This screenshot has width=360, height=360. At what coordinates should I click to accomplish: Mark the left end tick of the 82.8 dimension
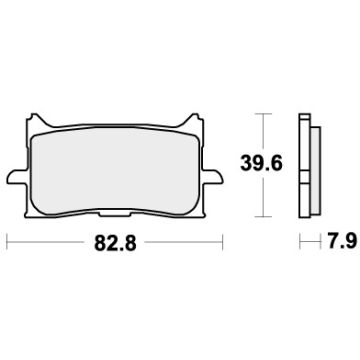[8, 242]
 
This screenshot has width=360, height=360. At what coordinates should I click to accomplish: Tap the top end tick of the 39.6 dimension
[263, 115]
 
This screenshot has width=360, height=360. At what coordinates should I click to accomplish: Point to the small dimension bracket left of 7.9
[303, 242]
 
